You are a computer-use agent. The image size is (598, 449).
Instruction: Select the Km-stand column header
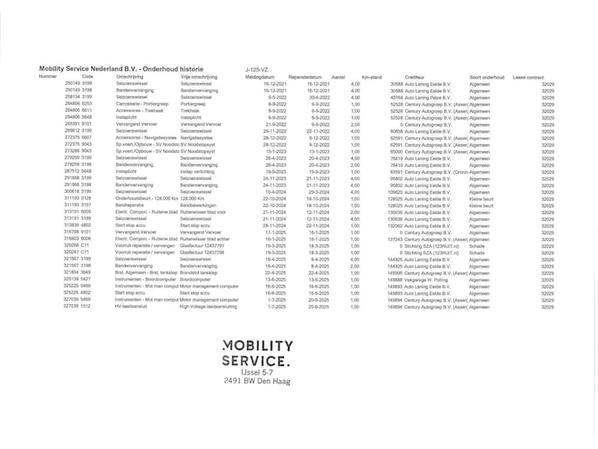pos(370,77)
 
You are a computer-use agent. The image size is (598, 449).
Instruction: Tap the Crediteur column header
pos(415,77)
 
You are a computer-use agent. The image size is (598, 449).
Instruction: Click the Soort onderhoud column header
pos(487,77)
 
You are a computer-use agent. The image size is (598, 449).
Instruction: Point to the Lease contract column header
pos(528,77)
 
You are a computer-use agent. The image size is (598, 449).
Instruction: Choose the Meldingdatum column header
pos(259,77)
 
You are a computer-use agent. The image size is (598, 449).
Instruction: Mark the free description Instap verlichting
pos(198,171)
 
